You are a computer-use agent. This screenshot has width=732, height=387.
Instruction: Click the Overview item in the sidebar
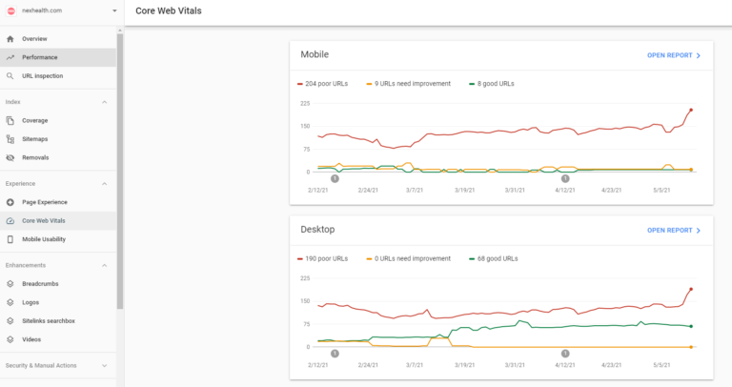[x=34, y=39]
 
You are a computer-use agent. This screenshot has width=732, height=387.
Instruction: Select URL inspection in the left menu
[x=42, y=75]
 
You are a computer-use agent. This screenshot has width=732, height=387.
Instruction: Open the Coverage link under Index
[x=35, y=120]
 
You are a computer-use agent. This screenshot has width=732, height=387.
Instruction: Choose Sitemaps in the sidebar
[x=35, y=139]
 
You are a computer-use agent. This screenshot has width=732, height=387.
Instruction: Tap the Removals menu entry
[x=35, y=157]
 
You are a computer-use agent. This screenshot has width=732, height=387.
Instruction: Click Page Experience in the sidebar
[x=45, y=202]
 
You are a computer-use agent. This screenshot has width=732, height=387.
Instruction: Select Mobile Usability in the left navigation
[x=44, y=238]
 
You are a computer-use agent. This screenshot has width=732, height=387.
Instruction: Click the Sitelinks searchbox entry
[x=50, y=320]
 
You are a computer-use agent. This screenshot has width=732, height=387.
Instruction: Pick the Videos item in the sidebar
[x=32, y=338]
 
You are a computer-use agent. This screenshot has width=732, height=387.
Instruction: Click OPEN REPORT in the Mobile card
[x=674, y=55]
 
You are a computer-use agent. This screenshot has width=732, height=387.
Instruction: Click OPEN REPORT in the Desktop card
[x=674, y=230]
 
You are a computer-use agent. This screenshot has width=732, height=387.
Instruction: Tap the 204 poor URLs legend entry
[x=326, y=84]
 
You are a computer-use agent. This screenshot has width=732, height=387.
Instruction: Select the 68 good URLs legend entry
[x=496, y=258]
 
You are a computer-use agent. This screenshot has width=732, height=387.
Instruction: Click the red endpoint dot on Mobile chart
[x=691, y=110]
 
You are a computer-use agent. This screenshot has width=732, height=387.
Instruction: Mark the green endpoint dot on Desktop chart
[x=691, y=327]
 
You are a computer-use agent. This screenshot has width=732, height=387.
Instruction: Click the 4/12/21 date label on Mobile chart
[x=566, y=190]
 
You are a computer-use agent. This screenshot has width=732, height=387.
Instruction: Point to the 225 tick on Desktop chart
[x=306, y=278]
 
